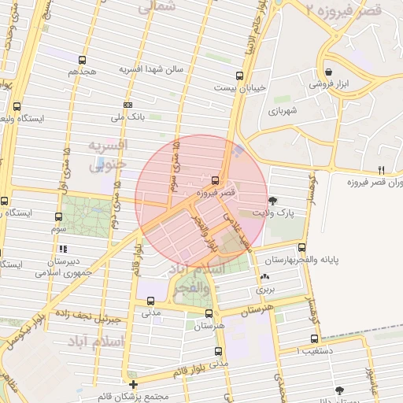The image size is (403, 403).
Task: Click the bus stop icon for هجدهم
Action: point(83,60)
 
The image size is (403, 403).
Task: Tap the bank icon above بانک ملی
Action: point(128,105)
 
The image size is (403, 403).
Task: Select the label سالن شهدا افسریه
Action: point(151,69)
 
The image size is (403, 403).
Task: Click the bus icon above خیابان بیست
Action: point(241,76)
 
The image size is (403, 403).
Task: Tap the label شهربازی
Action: point(281,111)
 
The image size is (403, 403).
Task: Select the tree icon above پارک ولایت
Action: point(273,201)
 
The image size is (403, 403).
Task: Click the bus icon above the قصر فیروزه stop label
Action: point(216,179)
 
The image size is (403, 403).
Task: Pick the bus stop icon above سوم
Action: point(58,216)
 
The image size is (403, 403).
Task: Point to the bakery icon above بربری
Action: point(264,277)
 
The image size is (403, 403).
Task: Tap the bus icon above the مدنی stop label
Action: point(150,300)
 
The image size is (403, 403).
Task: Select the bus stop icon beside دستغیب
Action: point(303,340)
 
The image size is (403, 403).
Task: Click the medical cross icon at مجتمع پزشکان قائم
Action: point(133,385)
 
